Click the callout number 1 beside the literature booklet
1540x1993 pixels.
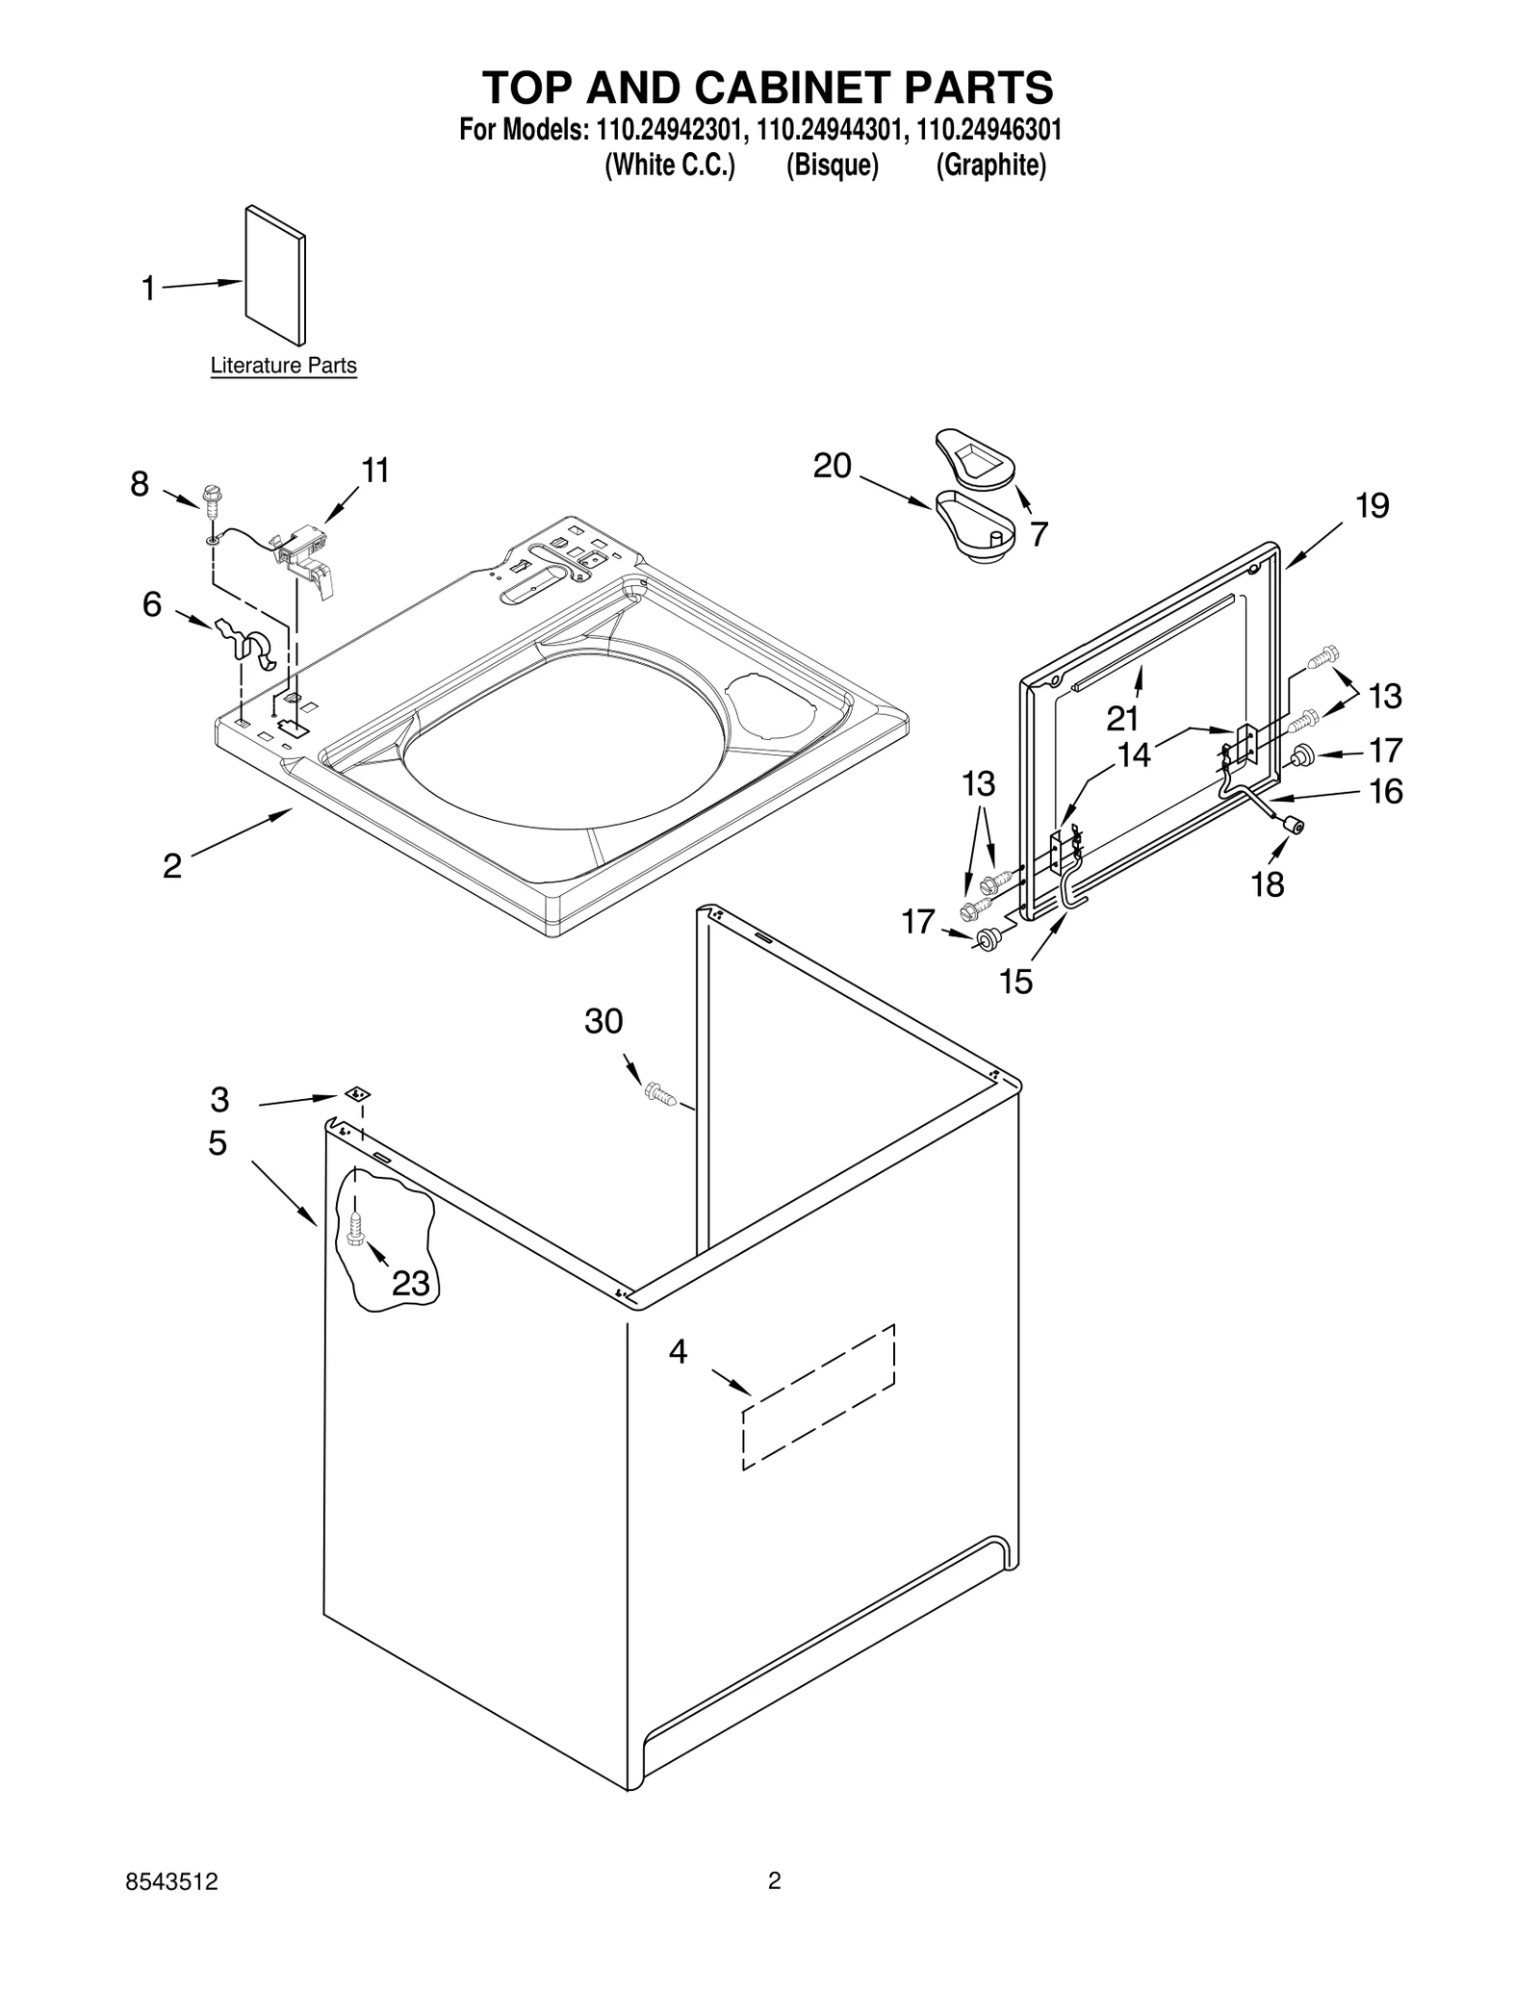148,288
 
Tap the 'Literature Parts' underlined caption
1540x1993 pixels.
283,366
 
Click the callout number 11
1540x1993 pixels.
374,471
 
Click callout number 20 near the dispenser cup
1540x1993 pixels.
832,466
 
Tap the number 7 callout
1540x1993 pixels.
1039,535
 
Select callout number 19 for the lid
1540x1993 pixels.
1372,505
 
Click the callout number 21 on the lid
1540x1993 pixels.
1121,718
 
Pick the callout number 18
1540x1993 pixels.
1267,883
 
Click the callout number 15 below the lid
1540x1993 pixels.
1015,982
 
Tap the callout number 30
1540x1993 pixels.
603,1021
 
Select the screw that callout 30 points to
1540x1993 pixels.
658,1092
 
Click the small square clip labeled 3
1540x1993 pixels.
358,1094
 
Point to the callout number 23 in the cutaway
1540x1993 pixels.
410,1283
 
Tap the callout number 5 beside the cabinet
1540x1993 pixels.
218,1143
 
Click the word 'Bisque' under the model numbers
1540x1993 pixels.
832,166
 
